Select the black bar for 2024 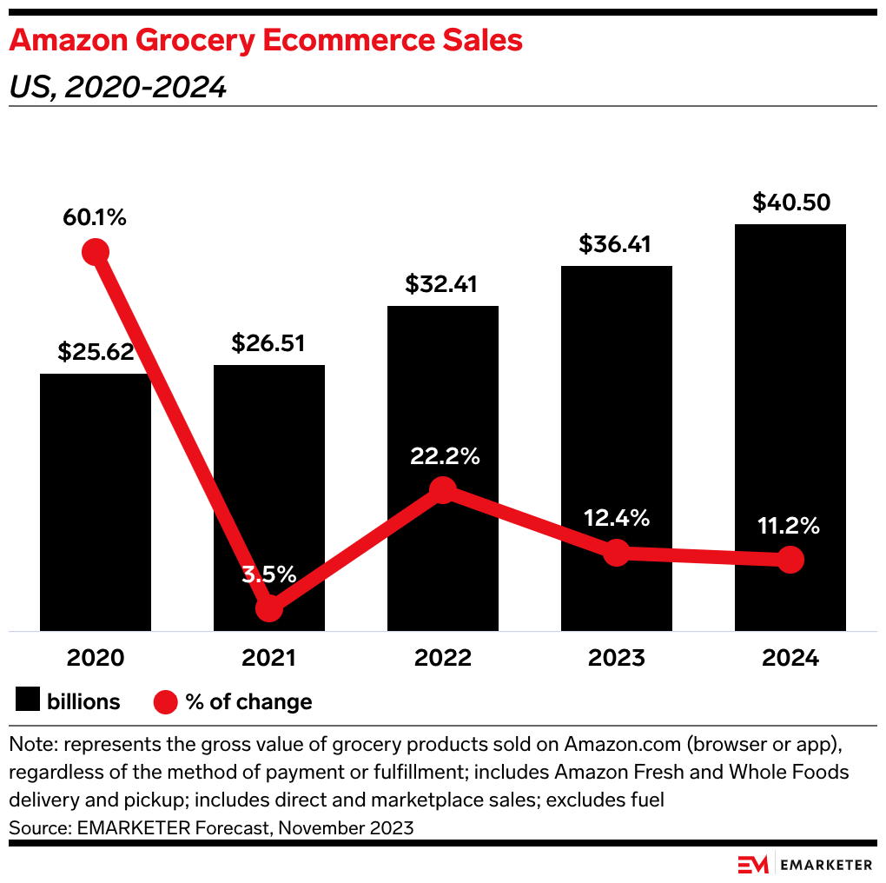tap(790, 427)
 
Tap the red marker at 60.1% tap(96, 252)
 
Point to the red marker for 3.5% tap(269, 607)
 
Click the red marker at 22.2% tap(443, 490)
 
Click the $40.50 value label tap(790, 202)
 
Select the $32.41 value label tap(442, 284)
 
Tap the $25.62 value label tap(96, 352)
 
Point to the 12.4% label tap(616, 519)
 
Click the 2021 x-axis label tap(269, 658)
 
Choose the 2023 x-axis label tap(617, 658)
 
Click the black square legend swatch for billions tap(28, 701)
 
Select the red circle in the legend tap(165, 701)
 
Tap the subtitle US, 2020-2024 tap(117, 87)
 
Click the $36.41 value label tap(616, 244)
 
